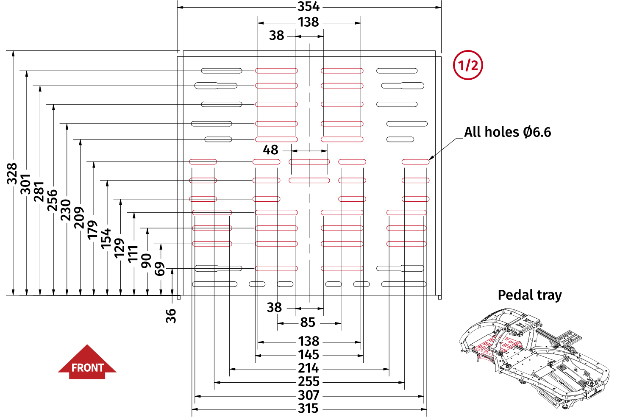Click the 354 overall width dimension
pyautogui.click(x=308, y=7)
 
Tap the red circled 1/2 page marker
pyautogui.click(x=468, y=65)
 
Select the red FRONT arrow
pyautogui.click(x=87, y=363)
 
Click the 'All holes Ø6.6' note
pyautogui.click(x=507, y=132)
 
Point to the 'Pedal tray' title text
pyautogui.click(x=529, y=295)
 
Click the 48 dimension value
pyautogui.click(x=270, y=150)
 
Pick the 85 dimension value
pyautogui.click(x=308, y=323)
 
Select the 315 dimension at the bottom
pyautogui.click(x=308, y=409)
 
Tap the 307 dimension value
pyautogui.click(x=308, y=395)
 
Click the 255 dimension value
pyautogui.click(x=308, y=382)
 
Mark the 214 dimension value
pyautogui.click(x=308, y=368)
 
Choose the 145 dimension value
pyautogui.click(x=308, y=355)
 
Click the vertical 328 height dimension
pyautogui.click(x=12, y=174)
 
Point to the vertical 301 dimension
pyautogui.click(x=25, y=184)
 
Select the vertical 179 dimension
pyautogui.click(x=92, y=230)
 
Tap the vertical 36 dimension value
pyautogui.click(x=171, y=316)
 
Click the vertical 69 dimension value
pyautogui.click(x=159, y=269)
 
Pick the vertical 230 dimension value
pyautogui.click(x=66, y=210)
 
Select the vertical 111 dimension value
pyautogui.click(x=133, y=253)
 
